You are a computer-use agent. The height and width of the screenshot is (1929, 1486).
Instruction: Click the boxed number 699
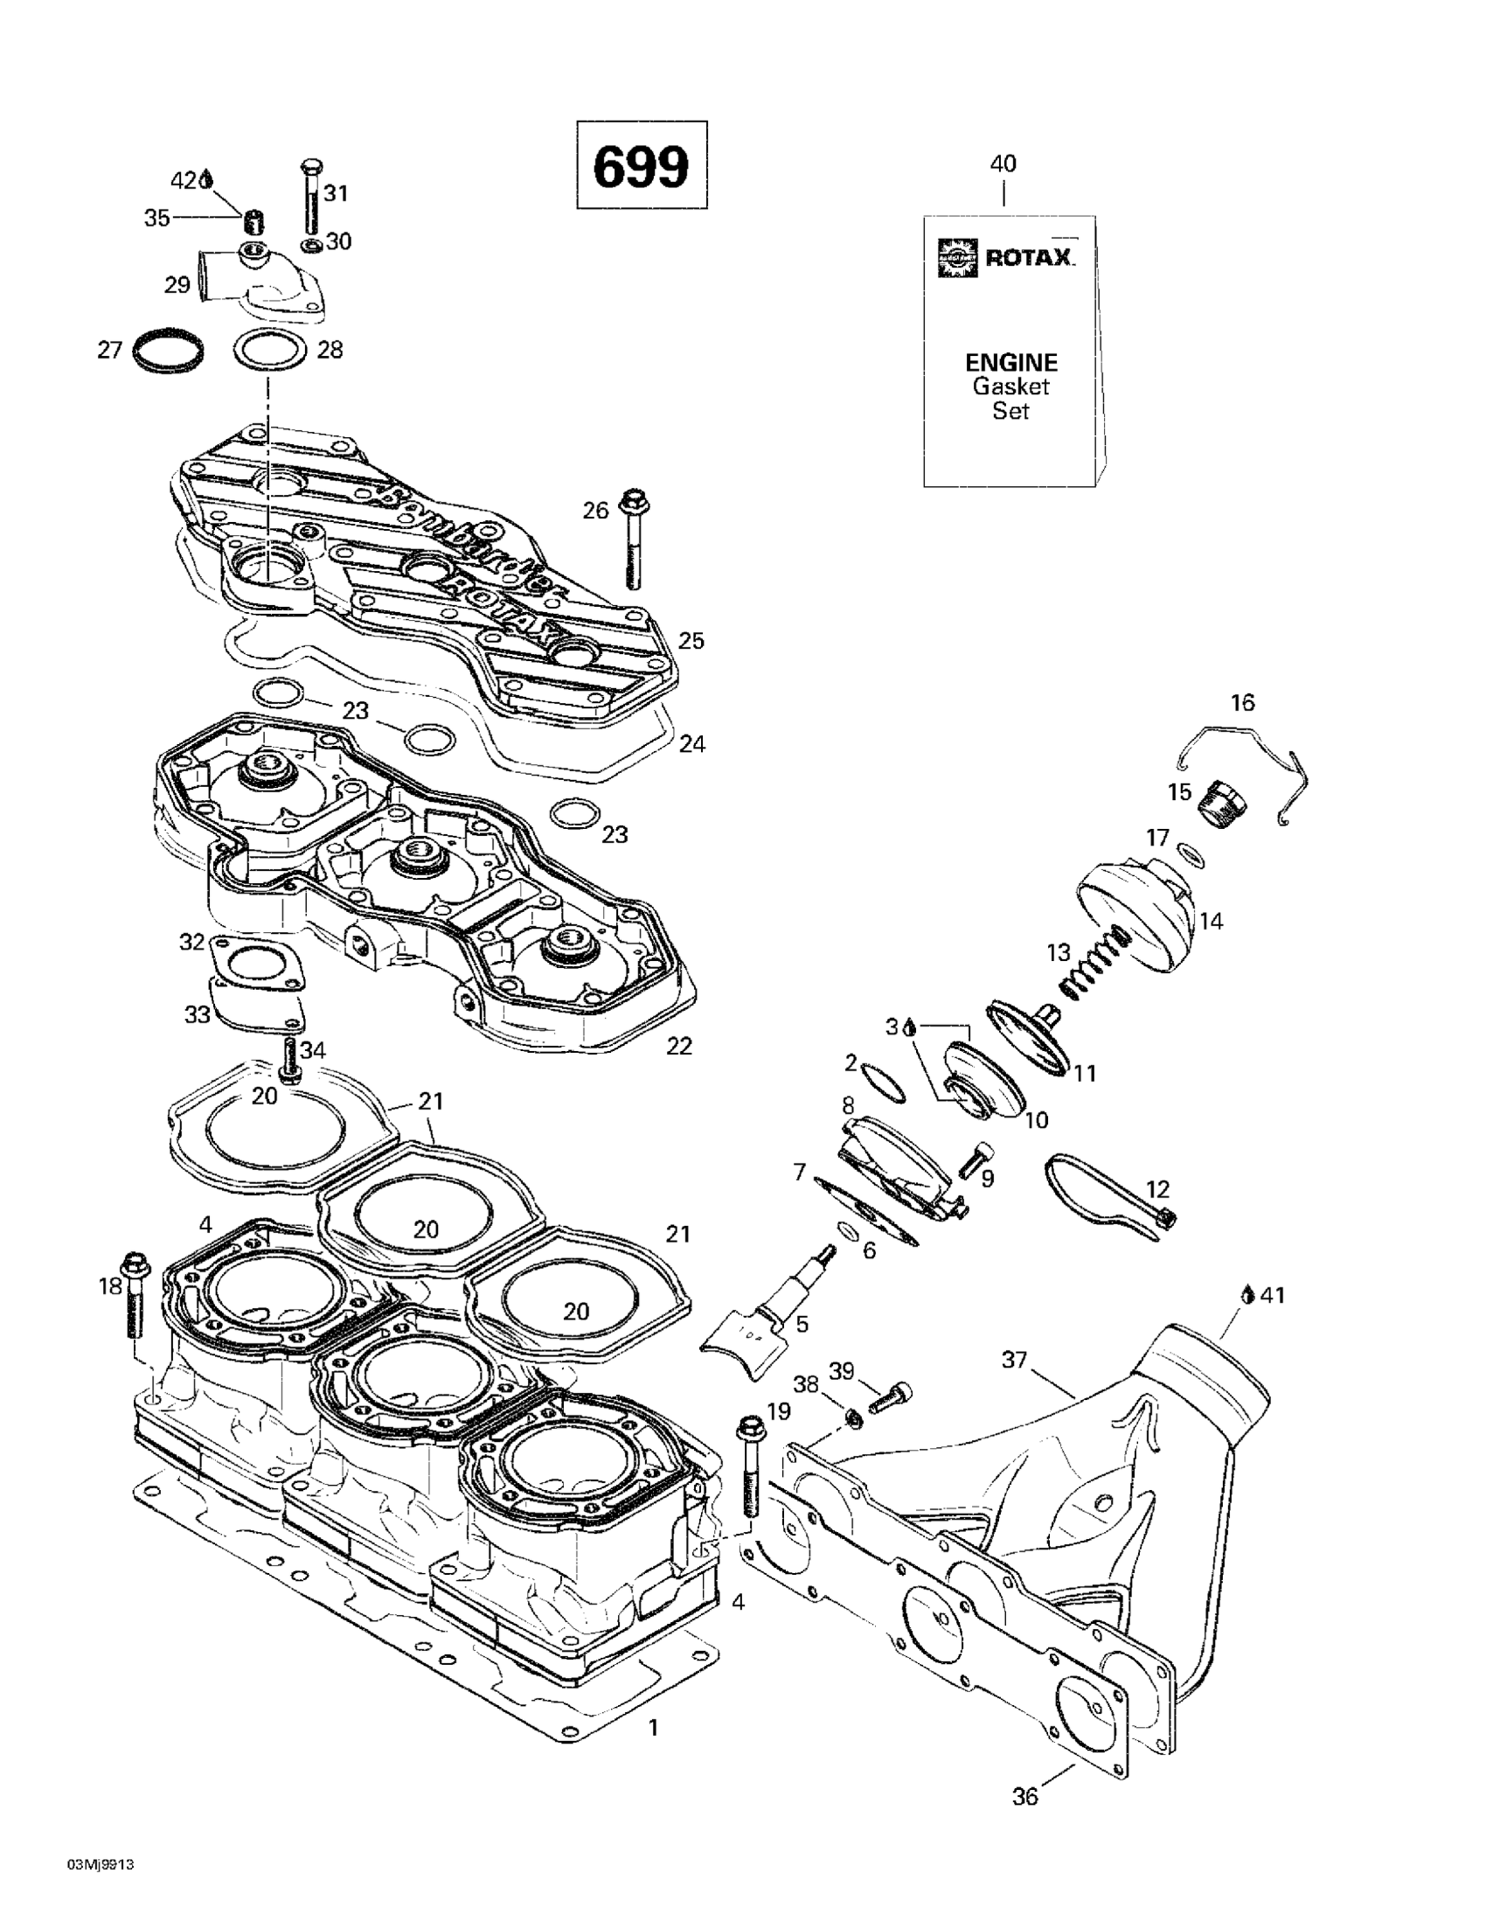[x=641, y=166]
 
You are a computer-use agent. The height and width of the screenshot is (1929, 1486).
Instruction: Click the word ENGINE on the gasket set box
[x=1010, y=362]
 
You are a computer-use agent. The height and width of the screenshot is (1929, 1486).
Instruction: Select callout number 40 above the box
[x=1003, y=164]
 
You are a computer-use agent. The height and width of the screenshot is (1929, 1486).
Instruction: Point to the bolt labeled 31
[x=313, y=198]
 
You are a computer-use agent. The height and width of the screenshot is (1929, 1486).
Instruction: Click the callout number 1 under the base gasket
[x=653, y=1728]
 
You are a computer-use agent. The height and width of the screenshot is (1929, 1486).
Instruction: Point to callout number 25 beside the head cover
[x=691, y=640]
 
